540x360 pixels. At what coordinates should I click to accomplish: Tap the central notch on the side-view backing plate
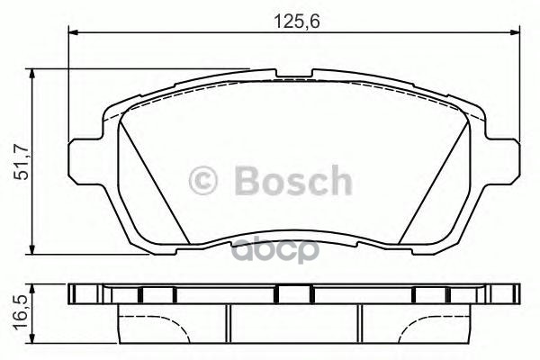[293, 293]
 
